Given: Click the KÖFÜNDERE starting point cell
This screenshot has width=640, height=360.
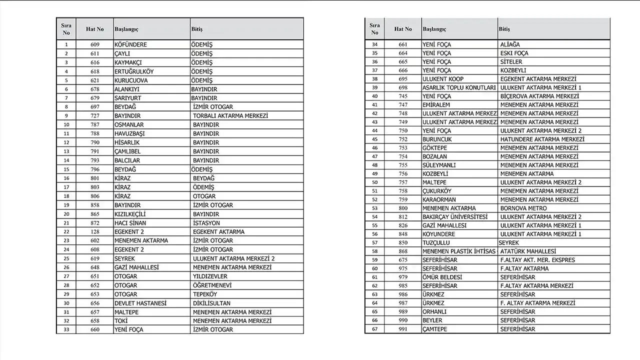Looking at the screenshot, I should tap(130, 44).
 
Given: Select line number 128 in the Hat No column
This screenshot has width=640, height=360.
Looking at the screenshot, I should tap(95, 231).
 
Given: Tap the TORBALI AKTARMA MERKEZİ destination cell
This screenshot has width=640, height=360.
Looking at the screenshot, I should tap(230, 115).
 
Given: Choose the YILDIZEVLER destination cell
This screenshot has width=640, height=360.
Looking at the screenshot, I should tap(210, 276).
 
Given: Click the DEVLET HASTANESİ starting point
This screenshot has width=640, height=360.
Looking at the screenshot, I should tap(140, 303).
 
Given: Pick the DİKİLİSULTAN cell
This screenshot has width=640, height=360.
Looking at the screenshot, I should tap(211, 303).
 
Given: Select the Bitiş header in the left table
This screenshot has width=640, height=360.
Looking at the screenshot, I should tap(196, 29).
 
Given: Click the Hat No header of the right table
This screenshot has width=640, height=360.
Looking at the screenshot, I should tap(403, 29).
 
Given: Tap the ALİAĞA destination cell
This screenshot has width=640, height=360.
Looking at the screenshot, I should tap(510, 44).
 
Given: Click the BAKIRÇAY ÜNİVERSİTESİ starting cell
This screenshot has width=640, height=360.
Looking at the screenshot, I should tap(454, 217).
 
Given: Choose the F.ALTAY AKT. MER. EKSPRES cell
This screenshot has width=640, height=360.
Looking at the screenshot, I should tap(537, 260).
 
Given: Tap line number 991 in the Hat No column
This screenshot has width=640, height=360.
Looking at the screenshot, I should tap(403, 329).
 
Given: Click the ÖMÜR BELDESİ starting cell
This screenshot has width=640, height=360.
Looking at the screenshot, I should tap(442, 277).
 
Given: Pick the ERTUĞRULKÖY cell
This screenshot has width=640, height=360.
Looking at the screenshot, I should tap(134, 71).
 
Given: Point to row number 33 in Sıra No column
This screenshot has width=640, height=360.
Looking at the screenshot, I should tap(66, 329).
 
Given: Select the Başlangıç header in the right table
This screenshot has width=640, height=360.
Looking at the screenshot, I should tap(434, 29).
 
